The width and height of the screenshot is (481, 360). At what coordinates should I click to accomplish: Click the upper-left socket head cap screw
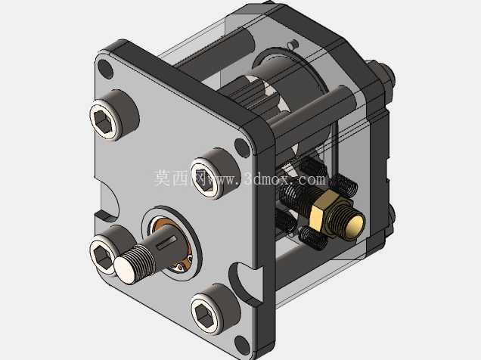pyautogui.click(x=112, y=116)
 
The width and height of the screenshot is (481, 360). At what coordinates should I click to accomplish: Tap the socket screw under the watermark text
pyautogui.click(x=213, y=174)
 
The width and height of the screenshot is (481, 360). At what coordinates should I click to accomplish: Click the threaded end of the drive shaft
pyautogui.click(x=134, y=264)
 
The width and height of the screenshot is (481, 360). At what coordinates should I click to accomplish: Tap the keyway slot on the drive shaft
pyautogui.click(x=166, y=241)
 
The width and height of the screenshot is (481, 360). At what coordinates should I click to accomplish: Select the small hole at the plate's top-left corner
pyautogui.click(x=105, y=68)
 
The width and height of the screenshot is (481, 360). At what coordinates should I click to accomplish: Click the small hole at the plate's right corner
pyautogui.click(x=242, y=147)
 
